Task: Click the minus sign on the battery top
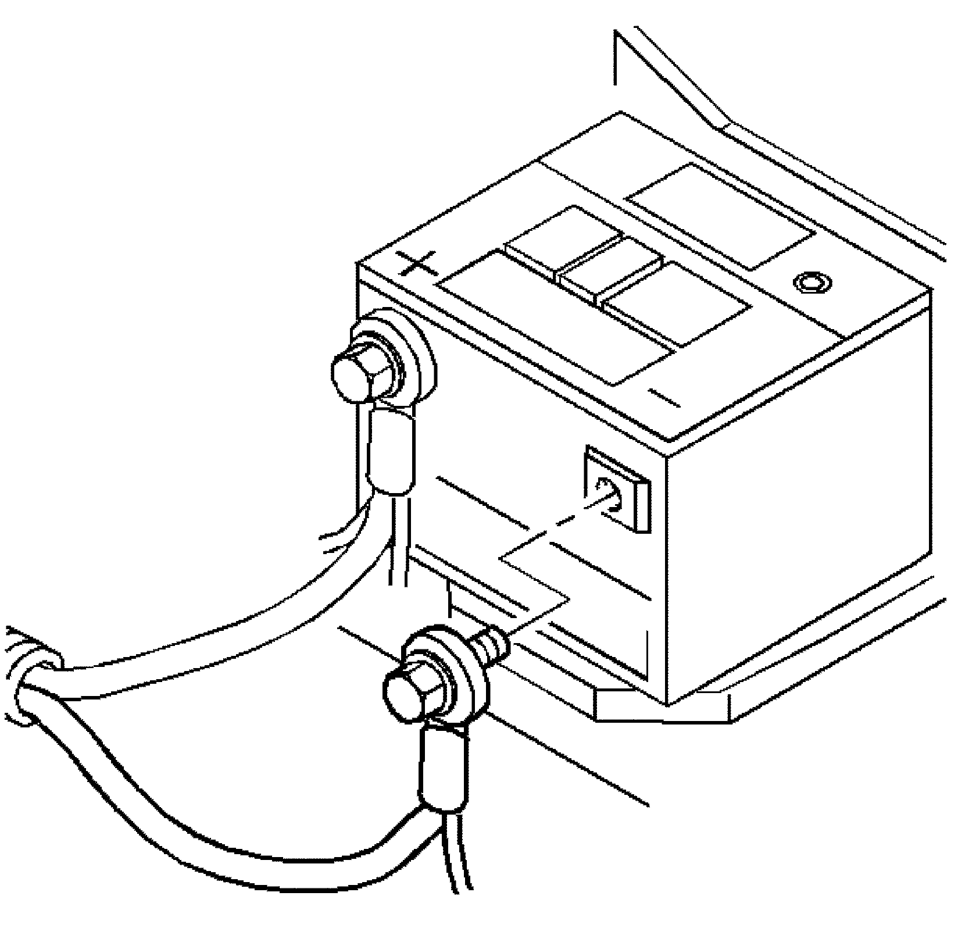(x=664, y=398)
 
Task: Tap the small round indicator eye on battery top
(x=812, y=283)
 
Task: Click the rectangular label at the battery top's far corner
(x=721, y=215)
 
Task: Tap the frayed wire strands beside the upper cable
(x=343, y=532)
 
